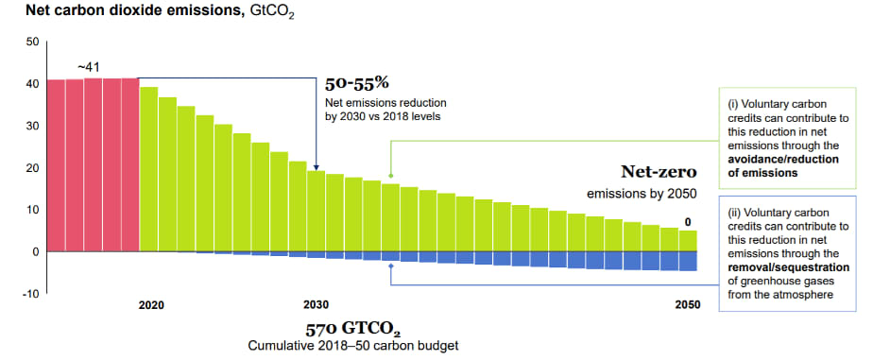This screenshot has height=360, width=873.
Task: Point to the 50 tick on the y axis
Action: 32,42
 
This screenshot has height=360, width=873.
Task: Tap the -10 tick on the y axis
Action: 30,294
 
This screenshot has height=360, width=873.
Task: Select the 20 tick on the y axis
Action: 32,167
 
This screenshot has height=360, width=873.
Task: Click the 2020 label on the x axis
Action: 150,305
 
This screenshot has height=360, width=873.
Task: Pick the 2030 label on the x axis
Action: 316,305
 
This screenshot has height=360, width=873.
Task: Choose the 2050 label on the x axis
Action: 689,305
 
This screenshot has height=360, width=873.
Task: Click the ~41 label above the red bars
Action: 89,67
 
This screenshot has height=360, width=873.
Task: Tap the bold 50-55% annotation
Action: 356,83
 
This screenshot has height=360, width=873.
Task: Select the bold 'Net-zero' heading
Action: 659,172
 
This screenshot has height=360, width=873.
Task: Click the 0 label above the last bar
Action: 688,223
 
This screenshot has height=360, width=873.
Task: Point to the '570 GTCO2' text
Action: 352,328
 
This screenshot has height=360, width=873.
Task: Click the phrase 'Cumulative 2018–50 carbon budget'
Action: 353,346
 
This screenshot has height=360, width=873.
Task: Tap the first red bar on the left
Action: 56,165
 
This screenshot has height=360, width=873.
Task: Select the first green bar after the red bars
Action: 148,169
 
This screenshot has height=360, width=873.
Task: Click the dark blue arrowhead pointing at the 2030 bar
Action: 316,167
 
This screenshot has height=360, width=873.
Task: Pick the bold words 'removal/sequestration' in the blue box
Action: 789,267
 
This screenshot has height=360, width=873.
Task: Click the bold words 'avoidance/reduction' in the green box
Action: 783,160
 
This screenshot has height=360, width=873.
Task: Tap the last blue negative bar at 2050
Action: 688,261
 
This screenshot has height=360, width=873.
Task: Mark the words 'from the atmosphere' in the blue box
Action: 780,295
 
